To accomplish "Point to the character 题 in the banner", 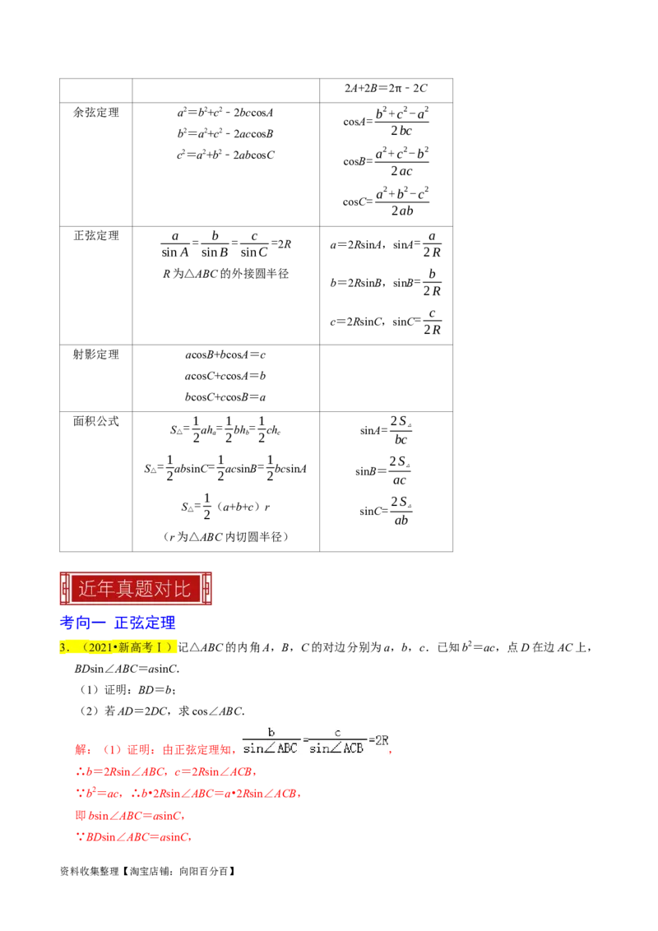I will [149, 589].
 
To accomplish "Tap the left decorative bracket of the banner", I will [66, 589].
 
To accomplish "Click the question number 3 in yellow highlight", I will [63, 648].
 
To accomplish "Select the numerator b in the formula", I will [271, 732].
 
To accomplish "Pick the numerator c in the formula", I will [337, 732].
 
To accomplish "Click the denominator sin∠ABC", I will [271, 748].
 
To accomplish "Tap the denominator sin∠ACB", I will [336, 748].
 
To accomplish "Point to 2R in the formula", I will [380, 740].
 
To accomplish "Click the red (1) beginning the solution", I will [111, 750].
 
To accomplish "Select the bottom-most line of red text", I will [132, 837].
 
